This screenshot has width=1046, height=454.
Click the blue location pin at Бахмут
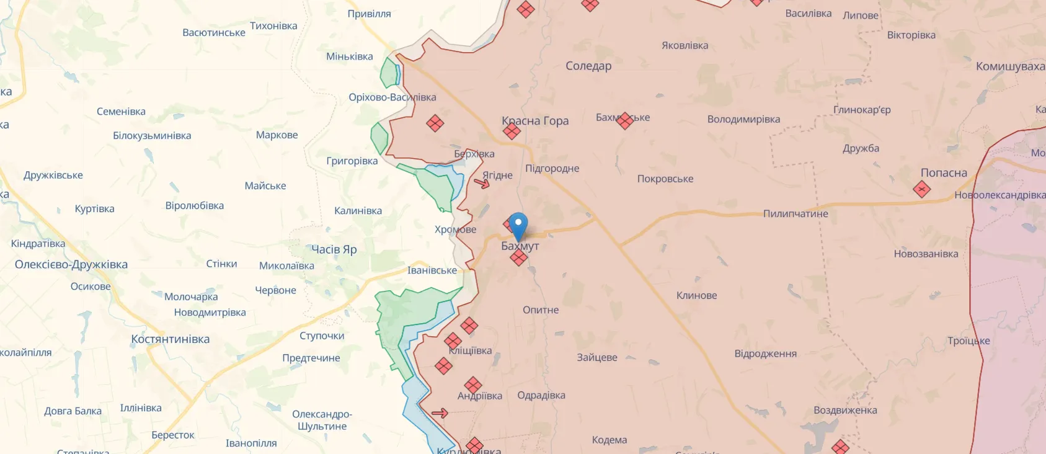point(518,225)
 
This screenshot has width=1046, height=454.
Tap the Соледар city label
point(588,66)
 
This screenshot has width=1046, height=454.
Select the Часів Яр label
point(334,249)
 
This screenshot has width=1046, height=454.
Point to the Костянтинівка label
point(171,339)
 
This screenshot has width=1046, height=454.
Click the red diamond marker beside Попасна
point(922,189)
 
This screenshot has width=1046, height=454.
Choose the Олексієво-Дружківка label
point(71,264)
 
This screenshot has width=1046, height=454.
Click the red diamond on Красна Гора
point(512,131)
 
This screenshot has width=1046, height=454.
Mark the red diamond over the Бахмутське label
point(625,120)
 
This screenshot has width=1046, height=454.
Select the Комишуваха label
point(1010,66)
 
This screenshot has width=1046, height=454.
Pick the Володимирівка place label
point(743,119)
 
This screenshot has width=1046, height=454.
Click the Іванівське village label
point(432,270)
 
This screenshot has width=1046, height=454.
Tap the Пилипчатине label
point(796,214)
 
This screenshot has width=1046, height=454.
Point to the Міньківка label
point(350,56)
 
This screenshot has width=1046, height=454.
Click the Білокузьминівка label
point(152,136)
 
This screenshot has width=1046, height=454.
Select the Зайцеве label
point(597,357)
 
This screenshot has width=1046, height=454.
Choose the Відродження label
point(766,354)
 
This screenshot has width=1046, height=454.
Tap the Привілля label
point(370,14)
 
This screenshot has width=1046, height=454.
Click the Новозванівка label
point(926,254)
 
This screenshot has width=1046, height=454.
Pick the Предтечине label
point(311,358)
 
